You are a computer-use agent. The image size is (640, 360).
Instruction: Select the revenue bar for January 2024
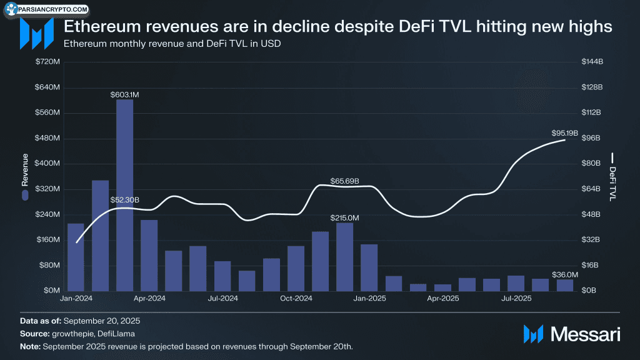[76, 257]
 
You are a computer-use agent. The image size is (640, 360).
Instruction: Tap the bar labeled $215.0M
[344, 256]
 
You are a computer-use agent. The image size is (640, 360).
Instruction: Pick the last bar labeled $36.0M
[565, 285]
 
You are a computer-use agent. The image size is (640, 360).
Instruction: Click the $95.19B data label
[565, 133]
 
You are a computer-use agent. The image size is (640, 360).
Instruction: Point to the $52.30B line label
[125, 200]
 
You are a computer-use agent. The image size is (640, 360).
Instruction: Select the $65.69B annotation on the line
[345, 181]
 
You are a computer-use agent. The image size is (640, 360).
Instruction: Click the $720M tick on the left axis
[47, 62]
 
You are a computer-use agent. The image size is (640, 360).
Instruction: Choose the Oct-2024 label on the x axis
[296, 299]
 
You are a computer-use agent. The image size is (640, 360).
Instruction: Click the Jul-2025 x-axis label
[516, 299]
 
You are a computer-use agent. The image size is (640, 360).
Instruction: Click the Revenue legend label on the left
[25, 170]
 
